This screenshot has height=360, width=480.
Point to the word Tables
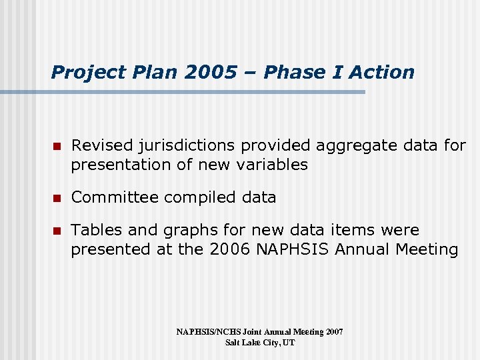(x=97, y=230)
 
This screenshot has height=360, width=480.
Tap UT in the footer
(x=288, y=343)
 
